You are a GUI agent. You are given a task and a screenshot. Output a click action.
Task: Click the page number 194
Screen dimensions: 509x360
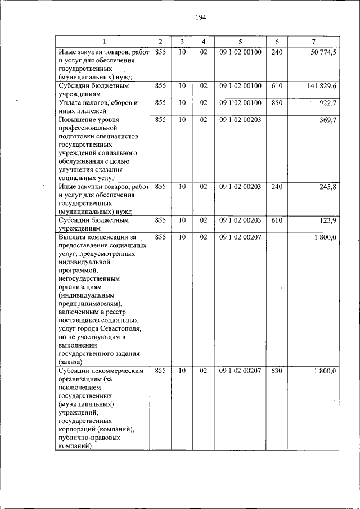(x=201, y=18)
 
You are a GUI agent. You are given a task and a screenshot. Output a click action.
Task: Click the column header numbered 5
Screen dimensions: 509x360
(x=240, y=42)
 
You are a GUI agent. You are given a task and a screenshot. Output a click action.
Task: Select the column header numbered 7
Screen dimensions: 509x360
(x=313, y=42)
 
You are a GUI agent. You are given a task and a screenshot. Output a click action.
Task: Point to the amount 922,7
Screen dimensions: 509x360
(x=327, y=103)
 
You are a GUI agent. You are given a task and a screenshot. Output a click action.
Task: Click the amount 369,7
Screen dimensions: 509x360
(x=327, y=120)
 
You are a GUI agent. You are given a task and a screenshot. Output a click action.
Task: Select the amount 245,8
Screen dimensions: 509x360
(x=327, y=187)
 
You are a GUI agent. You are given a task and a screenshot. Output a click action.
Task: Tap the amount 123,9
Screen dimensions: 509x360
(x=327, y=220)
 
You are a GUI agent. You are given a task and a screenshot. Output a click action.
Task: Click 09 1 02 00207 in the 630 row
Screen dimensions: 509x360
(x=240, y=371)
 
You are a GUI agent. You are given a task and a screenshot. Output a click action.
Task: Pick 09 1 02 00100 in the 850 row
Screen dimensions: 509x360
(x=240, y=103)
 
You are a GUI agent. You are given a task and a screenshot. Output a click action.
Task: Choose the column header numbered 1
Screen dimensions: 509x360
(x=103, y=42)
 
